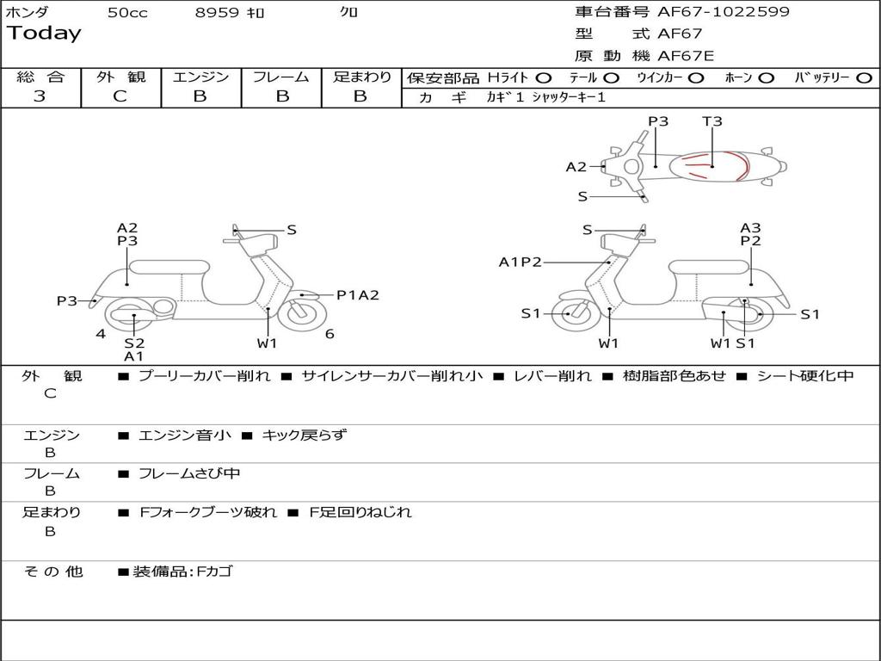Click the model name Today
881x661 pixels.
click(44, 34)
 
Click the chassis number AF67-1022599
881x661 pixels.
click(723, 12)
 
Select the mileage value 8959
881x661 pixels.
click(219, 13)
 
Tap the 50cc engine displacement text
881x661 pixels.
click(127, 13)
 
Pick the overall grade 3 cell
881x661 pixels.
click(40, 96)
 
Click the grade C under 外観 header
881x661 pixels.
click(120, 96)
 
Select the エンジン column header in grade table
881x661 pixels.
click(200, 77)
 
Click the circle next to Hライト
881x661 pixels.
click(544, 77)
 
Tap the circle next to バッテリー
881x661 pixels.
click(864, 77)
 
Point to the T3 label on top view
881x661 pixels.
click(712, 121)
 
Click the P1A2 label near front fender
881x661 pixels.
click(357, 295)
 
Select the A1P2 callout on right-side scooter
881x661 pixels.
click(521, 263)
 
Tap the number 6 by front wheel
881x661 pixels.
click(330, 334)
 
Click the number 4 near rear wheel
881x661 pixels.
click(101, 334)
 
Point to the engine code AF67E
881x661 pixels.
click(685, 56)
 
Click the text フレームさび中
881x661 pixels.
click(189, 473)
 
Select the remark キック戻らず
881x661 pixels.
click(304, 436)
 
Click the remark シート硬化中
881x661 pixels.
click(804, 376)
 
